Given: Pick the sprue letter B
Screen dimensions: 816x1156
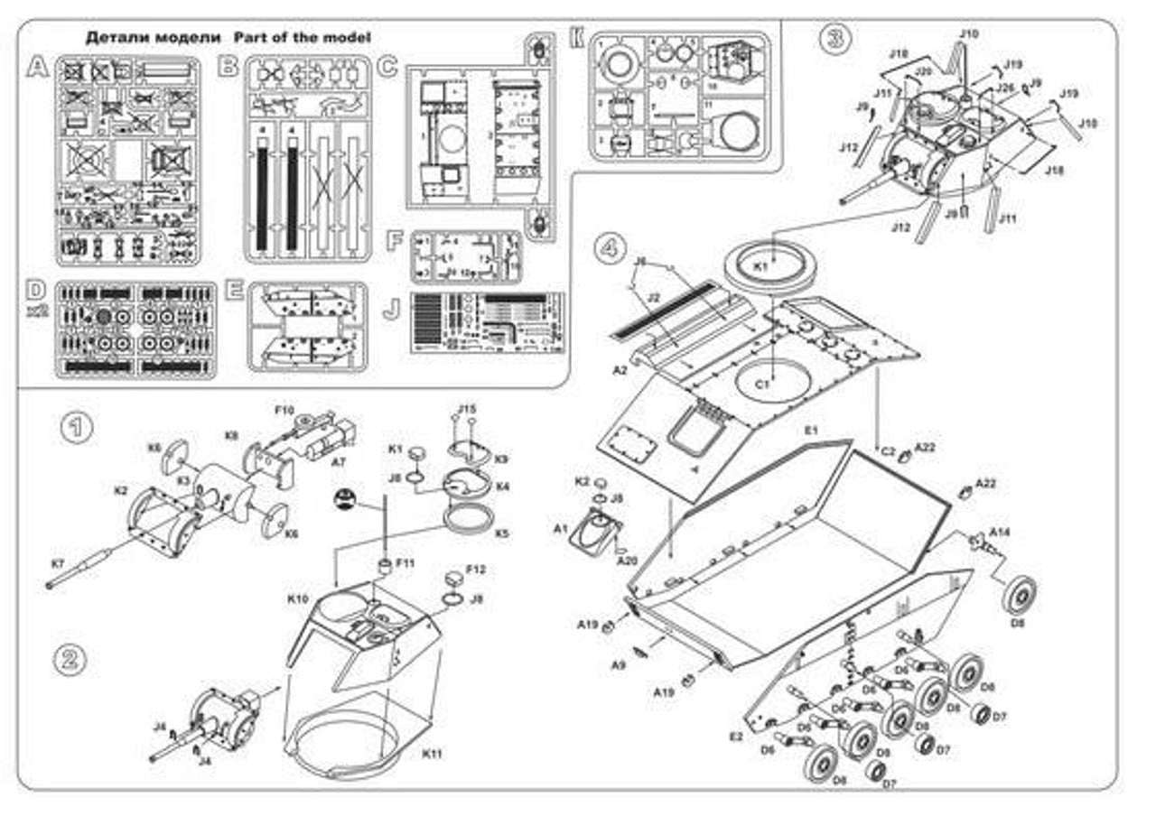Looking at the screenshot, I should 229,65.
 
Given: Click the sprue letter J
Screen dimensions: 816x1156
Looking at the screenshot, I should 391,308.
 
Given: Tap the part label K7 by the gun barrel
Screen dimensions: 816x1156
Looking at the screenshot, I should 58,564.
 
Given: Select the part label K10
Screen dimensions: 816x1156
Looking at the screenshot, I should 298,598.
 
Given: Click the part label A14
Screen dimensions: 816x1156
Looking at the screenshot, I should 1000,532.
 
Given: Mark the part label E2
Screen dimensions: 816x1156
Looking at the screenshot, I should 737,737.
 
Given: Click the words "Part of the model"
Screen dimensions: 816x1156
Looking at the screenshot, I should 302,37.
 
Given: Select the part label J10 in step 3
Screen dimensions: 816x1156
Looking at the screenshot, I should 968,34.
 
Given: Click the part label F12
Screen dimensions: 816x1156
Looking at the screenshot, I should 476,570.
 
